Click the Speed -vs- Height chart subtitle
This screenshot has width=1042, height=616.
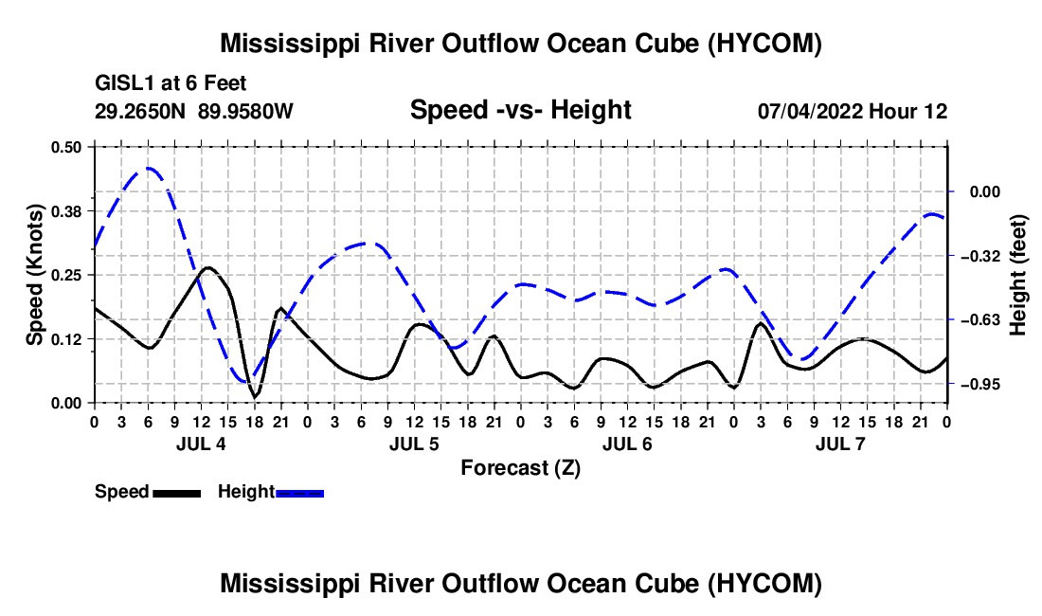point(520,110)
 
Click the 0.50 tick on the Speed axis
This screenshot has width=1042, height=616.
point(65,147)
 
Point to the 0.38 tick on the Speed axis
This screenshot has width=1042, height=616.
point(65,211)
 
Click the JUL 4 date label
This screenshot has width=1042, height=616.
point(201,444)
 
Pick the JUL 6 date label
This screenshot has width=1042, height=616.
point(627,444)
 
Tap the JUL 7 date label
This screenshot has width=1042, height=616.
point(840,444)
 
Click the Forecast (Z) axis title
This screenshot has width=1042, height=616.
point(520,468)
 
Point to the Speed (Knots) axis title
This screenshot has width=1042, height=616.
point(35,275)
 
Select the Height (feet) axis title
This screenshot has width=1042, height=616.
point(1017,275)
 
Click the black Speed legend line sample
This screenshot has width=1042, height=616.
point(177,494)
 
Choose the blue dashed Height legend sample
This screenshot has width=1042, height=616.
point(299,494)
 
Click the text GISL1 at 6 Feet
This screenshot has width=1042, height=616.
point(171,83)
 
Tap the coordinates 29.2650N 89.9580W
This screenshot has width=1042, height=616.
point(193,111)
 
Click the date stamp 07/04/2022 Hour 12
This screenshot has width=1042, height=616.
point(853,111)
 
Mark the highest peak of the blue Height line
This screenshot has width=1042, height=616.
point(149,168)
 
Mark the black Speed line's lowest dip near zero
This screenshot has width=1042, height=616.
point(255,397)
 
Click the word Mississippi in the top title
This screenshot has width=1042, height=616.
point(285,44)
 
